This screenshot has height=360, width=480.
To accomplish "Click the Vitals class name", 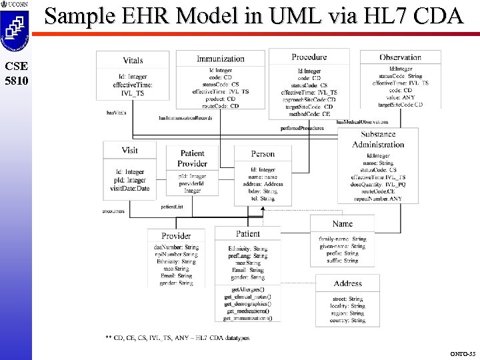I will pos(133,61).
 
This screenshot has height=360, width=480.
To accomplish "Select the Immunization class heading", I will pos(221,59).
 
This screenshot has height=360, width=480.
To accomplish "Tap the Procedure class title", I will pos(309,57).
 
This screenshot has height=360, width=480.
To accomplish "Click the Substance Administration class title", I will pos(379,139).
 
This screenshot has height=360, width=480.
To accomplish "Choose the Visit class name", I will pos(130,151).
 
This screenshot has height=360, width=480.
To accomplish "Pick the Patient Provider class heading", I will pos(192,159).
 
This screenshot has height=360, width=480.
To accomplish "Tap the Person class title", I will pos(263,154).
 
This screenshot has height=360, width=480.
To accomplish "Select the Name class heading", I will pos(343,224).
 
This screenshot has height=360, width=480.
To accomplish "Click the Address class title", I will pos(348,283).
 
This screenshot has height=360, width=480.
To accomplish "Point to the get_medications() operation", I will pos(247,311).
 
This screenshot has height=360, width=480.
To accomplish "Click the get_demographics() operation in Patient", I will pos(249,303).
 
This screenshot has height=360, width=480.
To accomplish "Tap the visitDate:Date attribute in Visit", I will pos(130,188).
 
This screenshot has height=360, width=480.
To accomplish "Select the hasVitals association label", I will pos(117,112).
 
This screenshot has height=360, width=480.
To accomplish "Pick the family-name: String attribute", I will pos(343,239).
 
